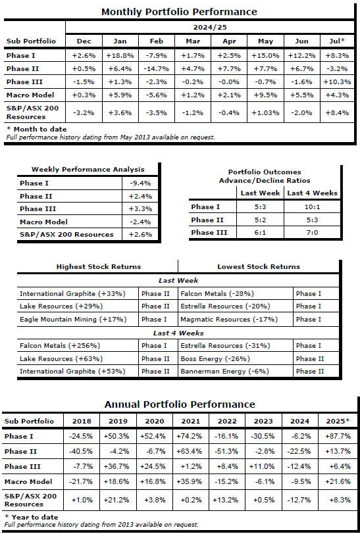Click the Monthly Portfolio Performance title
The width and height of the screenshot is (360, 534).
coord(179,12)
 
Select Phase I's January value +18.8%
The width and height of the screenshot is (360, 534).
coord(120,55)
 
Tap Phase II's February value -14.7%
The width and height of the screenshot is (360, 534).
coord(156,69)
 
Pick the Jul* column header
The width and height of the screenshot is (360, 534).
coord(337,41)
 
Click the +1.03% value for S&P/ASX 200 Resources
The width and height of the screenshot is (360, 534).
coord(265,112)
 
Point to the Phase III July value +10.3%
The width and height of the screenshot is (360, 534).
coord(337,82)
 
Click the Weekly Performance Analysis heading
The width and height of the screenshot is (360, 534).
coord(88,170)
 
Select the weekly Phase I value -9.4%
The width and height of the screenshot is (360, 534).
coord(140,183)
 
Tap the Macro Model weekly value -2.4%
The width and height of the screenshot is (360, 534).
coord(140,222)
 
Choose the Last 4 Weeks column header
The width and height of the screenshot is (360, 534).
coord(312,193)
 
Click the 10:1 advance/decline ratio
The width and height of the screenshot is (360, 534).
coord(312,207)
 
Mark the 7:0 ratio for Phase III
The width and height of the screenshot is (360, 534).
coord(312,233)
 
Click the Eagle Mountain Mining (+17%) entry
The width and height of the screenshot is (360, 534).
coord(73,320)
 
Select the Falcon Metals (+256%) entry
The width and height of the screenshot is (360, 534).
coord(60,346)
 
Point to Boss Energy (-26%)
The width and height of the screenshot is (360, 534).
coord(215,358)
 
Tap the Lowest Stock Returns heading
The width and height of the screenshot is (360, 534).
coord(259,266)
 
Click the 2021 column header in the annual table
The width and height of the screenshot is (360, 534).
coord(191,422)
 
